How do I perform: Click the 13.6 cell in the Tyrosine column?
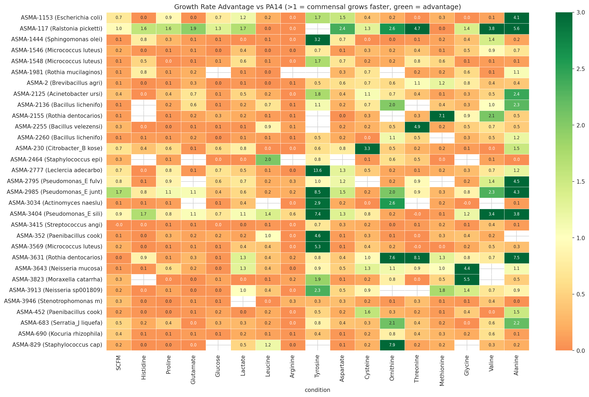[x=317, y=170]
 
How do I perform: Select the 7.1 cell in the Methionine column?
[x=442, y=116]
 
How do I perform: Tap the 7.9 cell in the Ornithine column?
[x=392, y=345]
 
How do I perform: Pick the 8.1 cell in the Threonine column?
[x=417, y=258]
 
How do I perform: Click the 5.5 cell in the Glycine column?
[x=467, y=279]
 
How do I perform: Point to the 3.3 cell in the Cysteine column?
[x=367, y=148]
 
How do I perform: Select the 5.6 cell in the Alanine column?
[x=516, y=28]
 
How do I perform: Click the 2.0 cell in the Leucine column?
[x=268, y=159]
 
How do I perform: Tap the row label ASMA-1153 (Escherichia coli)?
[x=62, y=18]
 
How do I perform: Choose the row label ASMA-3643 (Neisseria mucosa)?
[x=59, y=268]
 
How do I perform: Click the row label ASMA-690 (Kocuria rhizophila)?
[x=60, y=334]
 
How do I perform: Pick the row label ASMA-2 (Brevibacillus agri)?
[x=64, y=83]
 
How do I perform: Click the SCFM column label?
[x=119, y=363]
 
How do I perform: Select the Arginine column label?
[x=293, y=366]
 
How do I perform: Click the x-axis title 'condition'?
[x=317, y=390]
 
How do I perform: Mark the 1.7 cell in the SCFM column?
[x=119, y=192]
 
